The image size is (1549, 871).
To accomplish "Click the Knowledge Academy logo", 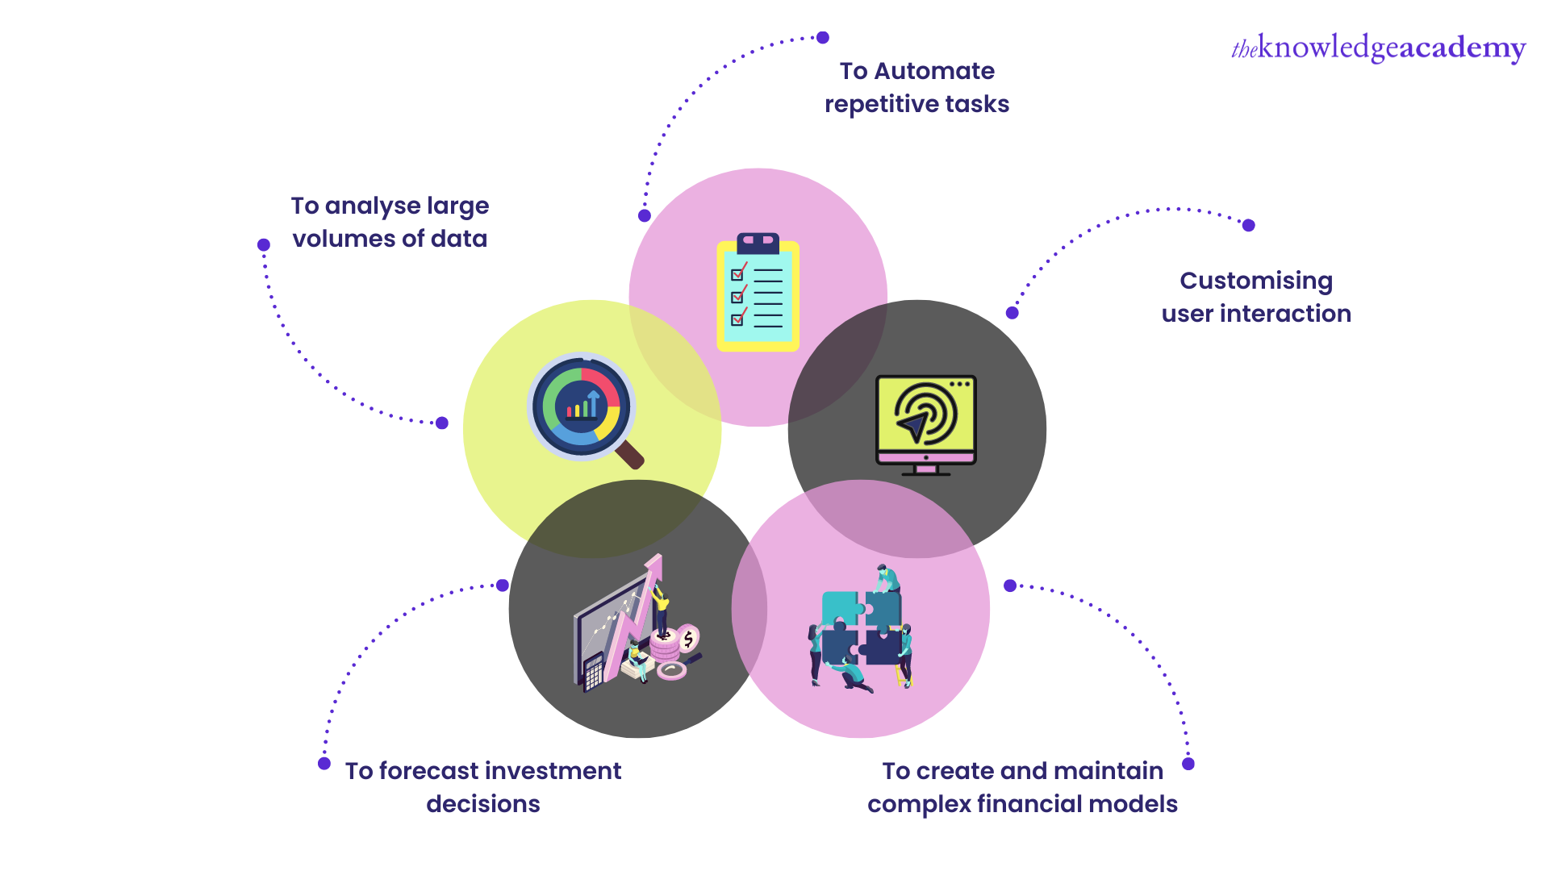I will click(x=1378, y=48).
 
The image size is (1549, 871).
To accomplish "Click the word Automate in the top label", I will click(x=934, y=71).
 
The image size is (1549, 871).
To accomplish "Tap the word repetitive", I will click(x=881, y=105).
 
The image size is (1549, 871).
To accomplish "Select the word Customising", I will click(x=1256, y=281).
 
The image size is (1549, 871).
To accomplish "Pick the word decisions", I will click(x=482, y=804).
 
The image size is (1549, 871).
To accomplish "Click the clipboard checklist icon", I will click(x=758, y=293).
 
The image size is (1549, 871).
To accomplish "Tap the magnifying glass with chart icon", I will click(x=582, y=408).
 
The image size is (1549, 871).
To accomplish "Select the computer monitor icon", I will click(x=926, y=424).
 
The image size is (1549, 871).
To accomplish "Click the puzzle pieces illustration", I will click(x=861, y=630).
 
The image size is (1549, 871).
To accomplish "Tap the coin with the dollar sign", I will click(x=688, y=640).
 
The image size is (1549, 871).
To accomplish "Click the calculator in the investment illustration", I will click(x=593, y=673).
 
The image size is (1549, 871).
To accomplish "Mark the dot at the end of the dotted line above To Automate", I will click(x=823, y=37).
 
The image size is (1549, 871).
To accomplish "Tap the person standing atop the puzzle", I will click(x=887, y=578).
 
